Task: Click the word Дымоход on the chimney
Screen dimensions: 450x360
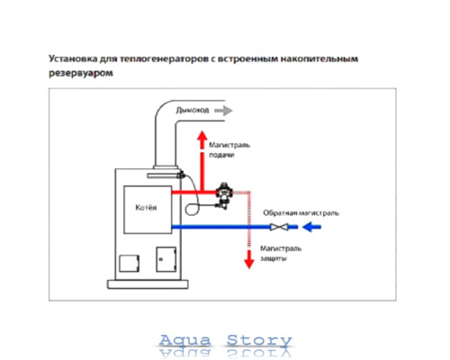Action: pos(193,111)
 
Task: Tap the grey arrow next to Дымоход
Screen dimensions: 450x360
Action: pos(223,111)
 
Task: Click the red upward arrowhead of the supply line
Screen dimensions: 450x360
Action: pos(202,136)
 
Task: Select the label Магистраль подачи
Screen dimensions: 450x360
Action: pos(229,150)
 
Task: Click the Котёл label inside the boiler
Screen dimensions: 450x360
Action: pos(146,208)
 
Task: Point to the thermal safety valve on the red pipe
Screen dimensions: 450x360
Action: pos(224,195)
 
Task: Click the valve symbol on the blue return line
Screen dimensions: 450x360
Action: pos(279,227)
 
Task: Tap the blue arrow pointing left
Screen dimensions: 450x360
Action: pos(311,227)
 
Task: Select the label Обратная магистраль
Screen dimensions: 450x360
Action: pos(301,213)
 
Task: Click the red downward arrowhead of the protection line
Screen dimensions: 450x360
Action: pos(249,260)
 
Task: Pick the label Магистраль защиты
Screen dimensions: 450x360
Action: pos(281,254)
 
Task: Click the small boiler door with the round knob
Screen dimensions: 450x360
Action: pos(166,259)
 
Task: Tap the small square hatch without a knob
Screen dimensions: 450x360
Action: pos(130,264)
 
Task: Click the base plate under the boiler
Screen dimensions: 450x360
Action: pos(148,284)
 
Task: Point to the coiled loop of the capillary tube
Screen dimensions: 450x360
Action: pos(192,209)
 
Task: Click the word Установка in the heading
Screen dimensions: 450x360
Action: pos(73,58)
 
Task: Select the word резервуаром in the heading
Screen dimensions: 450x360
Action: pos(81,74)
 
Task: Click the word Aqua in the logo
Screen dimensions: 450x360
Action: pos(184,340)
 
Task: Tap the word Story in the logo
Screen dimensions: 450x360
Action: pos(259,341)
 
